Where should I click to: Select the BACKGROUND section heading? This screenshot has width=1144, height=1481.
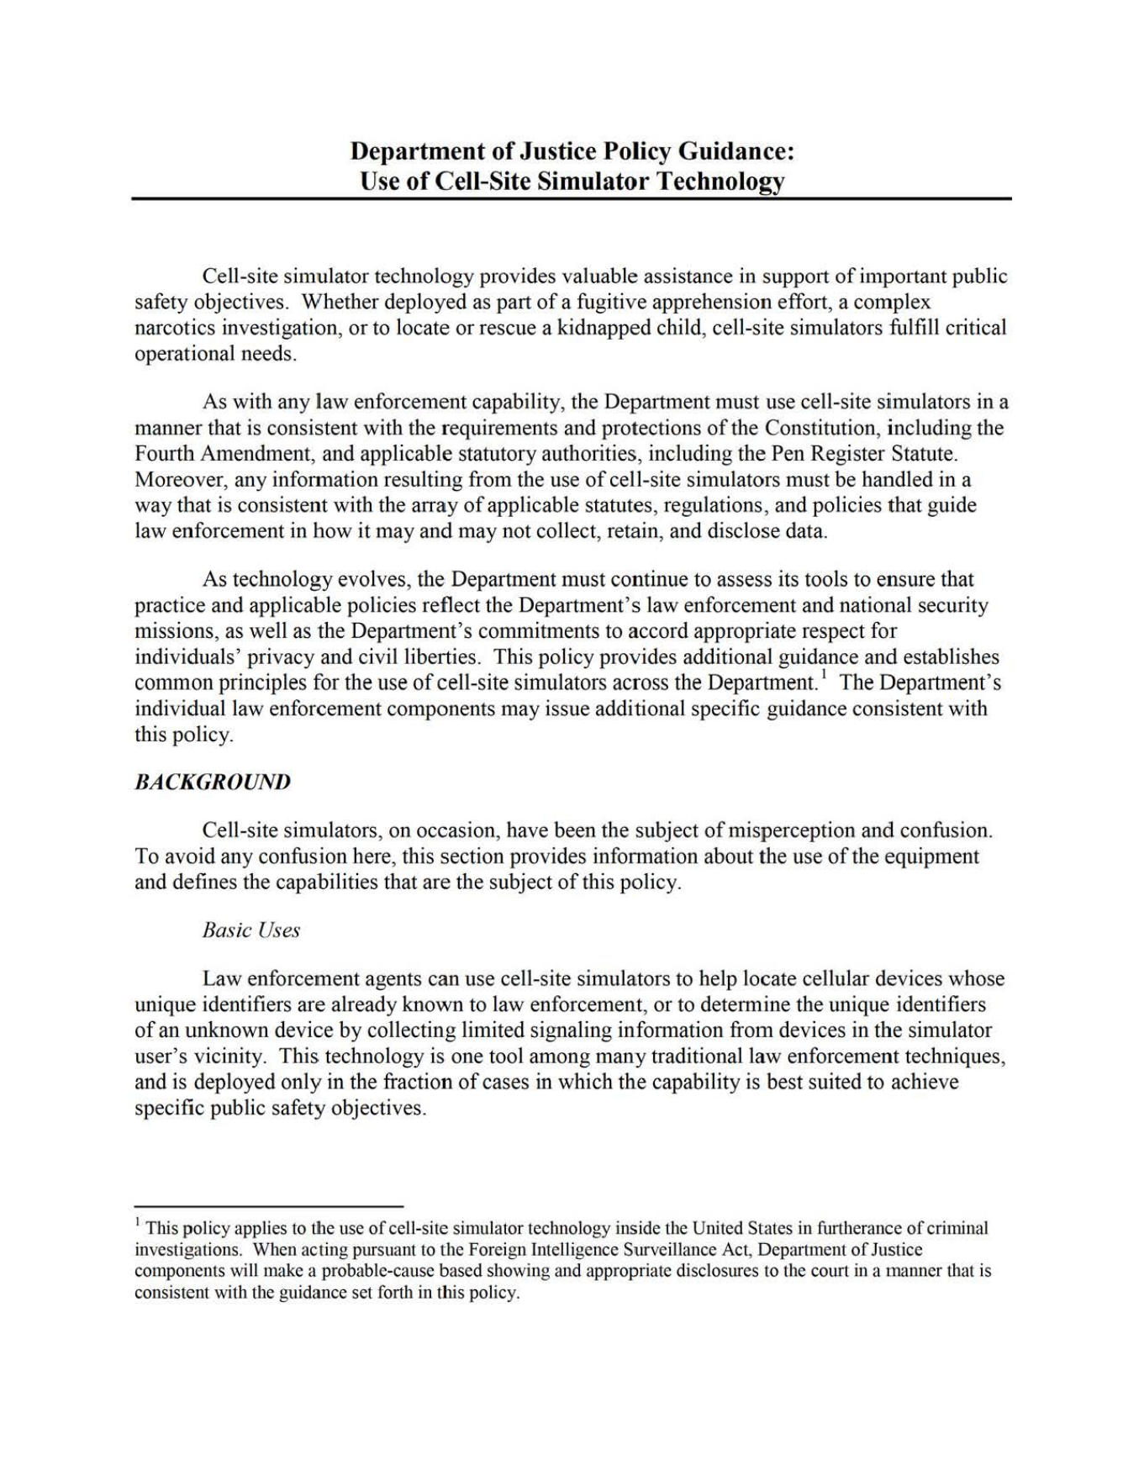(213, 782)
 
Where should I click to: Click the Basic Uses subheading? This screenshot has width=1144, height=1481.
(250, 930)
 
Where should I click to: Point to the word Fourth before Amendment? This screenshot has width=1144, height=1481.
(166, 454)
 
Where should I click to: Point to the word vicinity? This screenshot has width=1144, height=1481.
(238, 1056)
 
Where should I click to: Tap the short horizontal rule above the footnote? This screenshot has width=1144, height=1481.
(269, 1204)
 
